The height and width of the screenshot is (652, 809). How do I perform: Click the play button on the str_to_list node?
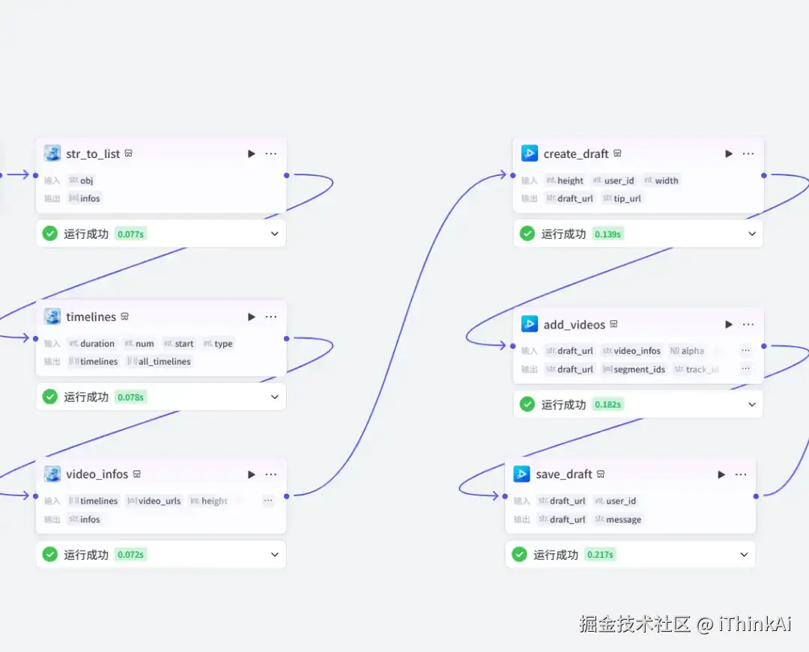252,153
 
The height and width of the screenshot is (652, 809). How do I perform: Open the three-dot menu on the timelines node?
271,317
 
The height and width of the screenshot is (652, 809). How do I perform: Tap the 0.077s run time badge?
130,234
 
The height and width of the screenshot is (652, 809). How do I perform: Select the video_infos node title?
97,474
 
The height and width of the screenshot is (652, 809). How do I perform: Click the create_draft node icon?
530,153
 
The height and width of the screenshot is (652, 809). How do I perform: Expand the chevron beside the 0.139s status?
752,234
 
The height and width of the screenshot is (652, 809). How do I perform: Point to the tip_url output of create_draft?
627,198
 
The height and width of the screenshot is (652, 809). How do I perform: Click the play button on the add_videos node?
729,324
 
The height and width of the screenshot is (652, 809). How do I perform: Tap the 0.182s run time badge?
607,404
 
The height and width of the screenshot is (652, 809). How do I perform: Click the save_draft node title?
564,474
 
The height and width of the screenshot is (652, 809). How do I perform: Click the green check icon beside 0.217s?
519,555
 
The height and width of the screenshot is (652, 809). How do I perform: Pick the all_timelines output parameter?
164,362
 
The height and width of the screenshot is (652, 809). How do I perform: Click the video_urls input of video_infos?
159,501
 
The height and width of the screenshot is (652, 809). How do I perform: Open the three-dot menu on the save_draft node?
741,474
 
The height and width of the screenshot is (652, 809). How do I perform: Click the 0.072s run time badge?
130,555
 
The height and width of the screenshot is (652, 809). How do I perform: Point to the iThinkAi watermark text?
755,624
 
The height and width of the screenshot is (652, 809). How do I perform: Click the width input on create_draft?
666,180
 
